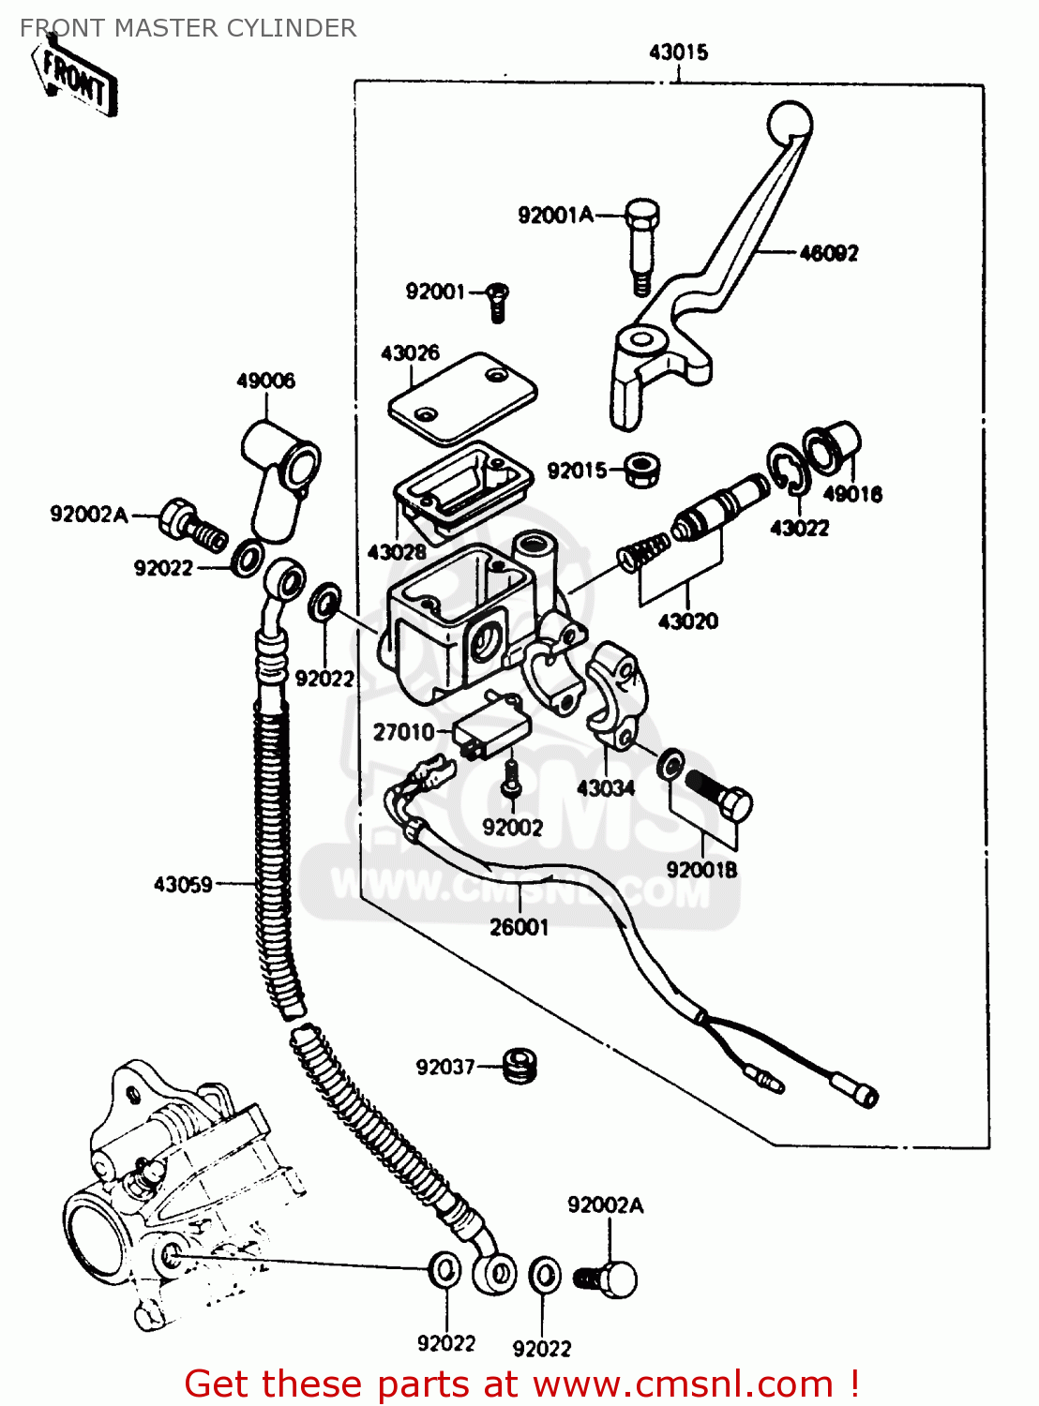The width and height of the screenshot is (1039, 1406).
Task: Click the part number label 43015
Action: [678, 52]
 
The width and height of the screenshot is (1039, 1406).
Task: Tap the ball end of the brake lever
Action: [790, 123]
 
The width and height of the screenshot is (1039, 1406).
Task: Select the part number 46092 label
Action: [828, 253]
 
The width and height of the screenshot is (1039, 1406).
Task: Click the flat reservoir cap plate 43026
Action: [462, 397]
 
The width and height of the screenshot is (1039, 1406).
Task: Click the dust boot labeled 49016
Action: [830, 448]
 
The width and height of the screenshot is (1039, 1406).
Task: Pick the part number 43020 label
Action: [688, 621]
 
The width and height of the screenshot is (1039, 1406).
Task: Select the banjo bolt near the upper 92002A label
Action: [192, 526]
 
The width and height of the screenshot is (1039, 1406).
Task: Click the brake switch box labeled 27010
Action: [491, 727]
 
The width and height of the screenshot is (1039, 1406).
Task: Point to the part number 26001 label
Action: [519, 928]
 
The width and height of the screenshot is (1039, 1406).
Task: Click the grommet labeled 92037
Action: [518, 1066]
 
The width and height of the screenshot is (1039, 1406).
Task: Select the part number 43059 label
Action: [183, 884]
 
